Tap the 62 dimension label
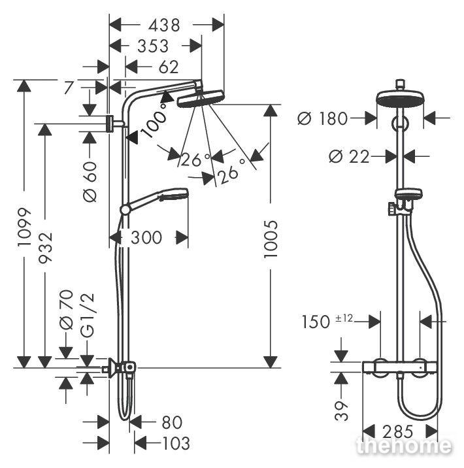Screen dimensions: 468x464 tap(168, 67)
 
